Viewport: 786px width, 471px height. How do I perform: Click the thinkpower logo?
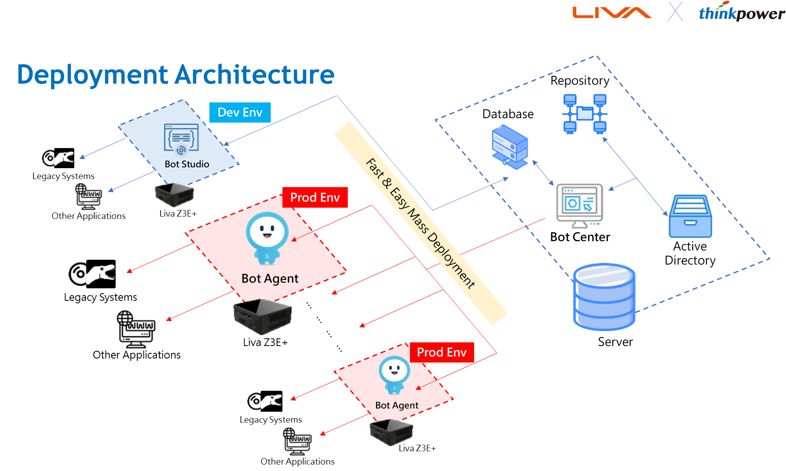click(742, 12)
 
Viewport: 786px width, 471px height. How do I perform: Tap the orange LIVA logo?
click(611, 13)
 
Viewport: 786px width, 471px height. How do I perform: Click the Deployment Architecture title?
click(176, 75)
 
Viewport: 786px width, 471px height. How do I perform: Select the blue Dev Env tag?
click(240, 112)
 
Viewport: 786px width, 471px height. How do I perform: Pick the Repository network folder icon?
click(585, 113)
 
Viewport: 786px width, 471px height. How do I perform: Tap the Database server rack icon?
click(510, 146)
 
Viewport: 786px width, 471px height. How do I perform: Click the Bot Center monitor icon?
click(578, 205)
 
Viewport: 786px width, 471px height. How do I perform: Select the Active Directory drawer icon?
click(690, 217)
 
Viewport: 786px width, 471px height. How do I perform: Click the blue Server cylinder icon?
click(604, 297)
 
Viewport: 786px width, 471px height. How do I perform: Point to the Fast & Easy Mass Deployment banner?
click(420, 223)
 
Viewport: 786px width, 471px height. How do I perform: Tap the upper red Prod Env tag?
click(315, 198)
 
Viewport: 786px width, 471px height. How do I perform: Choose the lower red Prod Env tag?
click(442, 352)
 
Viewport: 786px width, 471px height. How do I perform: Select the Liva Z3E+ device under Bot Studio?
click(175, 195)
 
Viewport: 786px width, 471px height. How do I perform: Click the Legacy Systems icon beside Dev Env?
click(59, 158)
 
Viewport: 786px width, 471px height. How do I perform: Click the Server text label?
click(615, 342)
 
